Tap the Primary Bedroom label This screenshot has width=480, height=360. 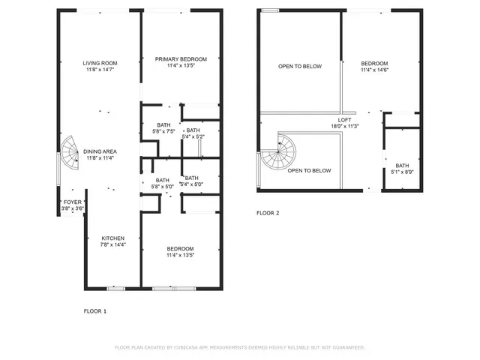tap(180, 62)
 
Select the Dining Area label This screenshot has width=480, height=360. tap(99, 154)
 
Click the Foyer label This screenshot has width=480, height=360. tap(72, 205)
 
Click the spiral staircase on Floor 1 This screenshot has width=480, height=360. tap(70, 153)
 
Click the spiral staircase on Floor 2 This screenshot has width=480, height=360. tap(279, 153)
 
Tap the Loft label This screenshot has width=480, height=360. tap(344, 123)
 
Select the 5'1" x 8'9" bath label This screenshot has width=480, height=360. tap(403, 169)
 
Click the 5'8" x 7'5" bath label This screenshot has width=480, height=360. tap(163, 128)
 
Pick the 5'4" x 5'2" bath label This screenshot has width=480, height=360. tap(192, 133)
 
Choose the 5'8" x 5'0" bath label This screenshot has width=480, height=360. tap(163, 183)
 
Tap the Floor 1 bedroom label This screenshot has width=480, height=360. tap(180, 252)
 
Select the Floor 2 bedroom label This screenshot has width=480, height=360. tap(374, 67)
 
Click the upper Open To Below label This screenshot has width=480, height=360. tap(300, 67)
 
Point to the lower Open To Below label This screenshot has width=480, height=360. tap(309, 170)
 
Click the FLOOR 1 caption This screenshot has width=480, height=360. tap(94, 310)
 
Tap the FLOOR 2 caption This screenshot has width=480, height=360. tap(268, 213)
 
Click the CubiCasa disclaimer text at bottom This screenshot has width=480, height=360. tap(239, 347)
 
